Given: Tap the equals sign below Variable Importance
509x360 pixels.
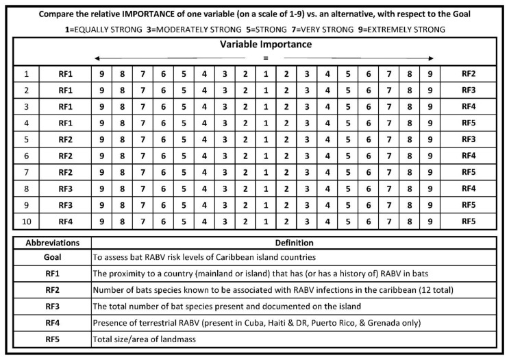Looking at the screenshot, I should tap(264, 58).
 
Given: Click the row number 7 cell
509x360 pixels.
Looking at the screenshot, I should tap(27, 173).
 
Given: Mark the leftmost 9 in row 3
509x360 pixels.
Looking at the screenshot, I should tap(103, 107).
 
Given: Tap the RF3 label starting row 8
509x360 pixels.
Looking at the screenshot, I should tap(65, 189).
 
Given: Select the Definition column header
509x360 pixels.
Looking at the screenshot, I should tap(295, 242).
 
